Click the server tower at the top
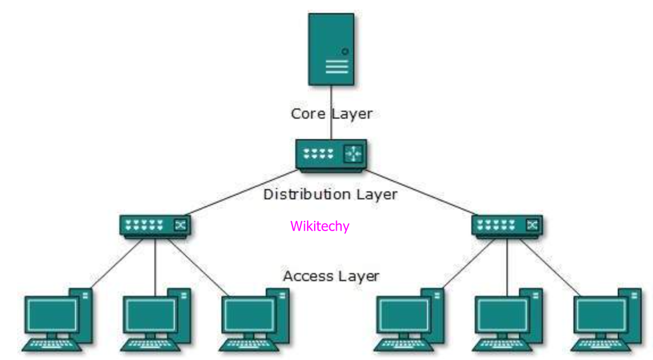331,49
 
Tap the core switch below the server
331,154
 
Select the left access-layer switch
155,225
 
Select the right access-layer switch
507,225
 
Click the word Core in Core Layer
308,114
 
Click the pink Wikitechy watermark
320,226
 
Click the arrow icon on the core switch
353,153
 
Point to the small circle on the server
345,52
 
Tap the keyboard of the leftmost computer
49,344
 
